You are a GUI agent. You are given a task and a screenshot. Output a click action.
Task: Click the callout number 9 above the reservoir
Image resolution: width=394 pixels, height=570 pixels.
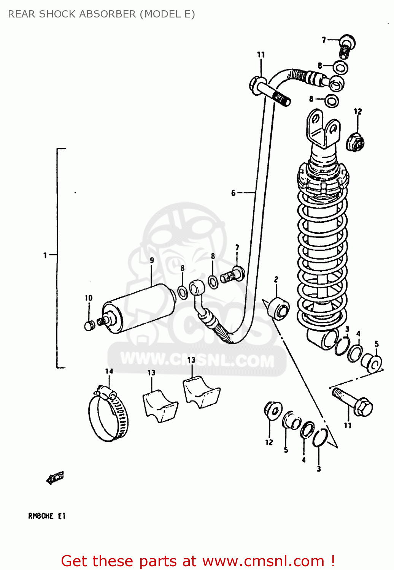[152, 260]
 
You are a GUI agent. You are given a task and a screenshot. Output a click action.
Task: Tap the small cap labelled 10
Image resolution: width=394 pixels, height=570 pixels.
[89, 325]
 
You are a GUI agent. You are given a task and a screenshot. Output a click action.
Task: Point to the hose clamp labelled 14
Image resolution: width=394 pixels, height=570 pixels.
[108, 416]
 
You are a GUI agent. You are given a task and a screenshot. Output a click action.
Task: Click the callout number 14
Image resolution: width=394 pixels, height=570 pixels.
[109, 371]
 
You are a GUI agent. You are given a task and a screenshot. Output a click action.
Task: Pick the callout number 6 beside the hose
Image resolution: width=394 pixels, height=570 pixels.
[233, 193]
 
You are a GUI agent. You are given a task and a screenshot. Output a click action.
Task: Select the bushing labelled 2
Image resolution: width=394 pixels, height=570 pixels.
[279, 308]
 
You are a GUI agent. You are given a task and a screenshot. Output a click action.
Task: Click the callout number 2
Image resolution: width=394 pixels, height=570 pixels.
[276, 279]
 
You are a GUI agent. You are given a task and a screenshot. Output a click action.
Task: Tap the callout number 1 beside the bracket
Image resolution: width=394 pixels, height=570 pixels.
[45, 255]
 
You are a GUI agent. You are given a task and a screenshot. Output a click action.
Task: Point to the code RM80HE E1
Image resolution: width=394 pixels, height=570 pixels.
[47, 516]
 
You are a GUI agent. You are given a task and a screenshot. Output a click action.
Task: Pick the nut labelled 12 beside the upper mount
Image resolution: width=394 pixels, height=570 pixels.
[355, 142]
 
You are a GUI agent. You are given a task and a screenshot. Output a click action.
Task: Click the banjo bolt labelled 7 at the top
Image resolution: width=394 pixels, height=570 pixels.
[346, 45]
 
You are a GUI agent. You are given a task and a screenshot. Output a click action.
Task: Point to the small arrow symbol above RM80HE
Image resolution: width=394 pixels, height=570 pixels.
[55, 478]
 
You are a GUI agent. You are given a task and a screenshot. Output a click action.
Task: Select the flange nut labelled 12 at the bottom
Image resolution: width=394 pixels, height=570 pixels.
[273, 410]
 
